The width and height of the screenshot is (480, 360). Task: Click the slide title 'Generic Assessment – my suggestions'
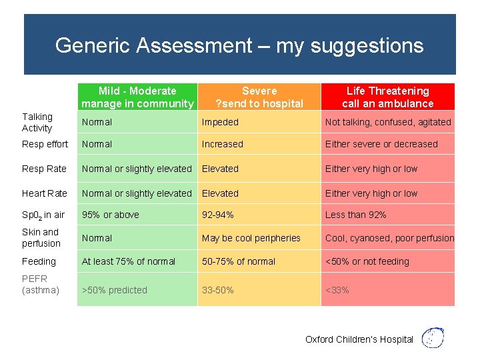pos(239,45)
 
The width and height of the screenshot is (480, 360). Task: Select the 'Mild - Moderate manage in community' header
pos(137,97)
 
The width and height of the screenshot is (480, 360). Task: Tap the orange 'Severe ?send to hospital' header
pos(259,97)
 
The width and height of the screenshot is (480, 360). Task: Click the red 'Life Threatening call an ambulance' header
pos(387,97)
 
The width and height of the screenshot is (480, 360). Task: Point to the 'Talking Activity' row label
pos(37,123)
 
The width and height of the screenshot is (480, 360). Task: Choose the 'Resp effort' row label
pos(45,144)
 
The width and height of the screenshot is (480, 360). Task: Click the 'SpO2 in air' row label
pos(43,215)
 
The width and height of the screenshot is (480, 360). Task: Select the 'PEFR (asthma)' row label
pos(41,285)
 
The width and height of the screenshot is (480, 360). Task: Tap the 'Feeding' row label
pos(39,261)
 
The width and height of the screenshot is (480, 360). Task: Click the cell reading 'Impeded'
pos(220,122)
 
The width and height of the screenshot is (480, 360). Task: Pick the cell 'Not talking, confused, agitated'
pos(388,122)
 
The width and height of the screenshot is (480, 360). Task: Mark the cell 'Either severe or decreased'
pos(381,144)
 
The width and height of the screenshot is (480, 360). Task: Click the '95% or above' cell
pos(111,215)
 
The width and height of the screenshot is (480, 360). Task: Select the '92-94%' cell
pos(218,215)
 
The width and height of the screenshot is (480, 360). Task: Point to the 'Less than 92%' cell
pos(355,215)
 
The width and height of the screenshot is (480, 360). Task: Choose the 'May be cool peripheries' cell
pos(251,238)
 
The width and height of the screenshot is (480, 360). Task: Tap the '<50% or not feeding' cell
pos(367,261)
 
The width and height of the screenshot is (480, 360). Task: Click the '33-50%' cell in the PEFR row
pos(218,290)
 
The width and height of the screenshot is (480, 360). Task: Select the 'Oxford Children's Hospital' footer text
pos(359,339)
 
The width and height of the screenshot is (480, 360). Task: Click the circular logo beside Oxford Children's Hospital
pos(434,338)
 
